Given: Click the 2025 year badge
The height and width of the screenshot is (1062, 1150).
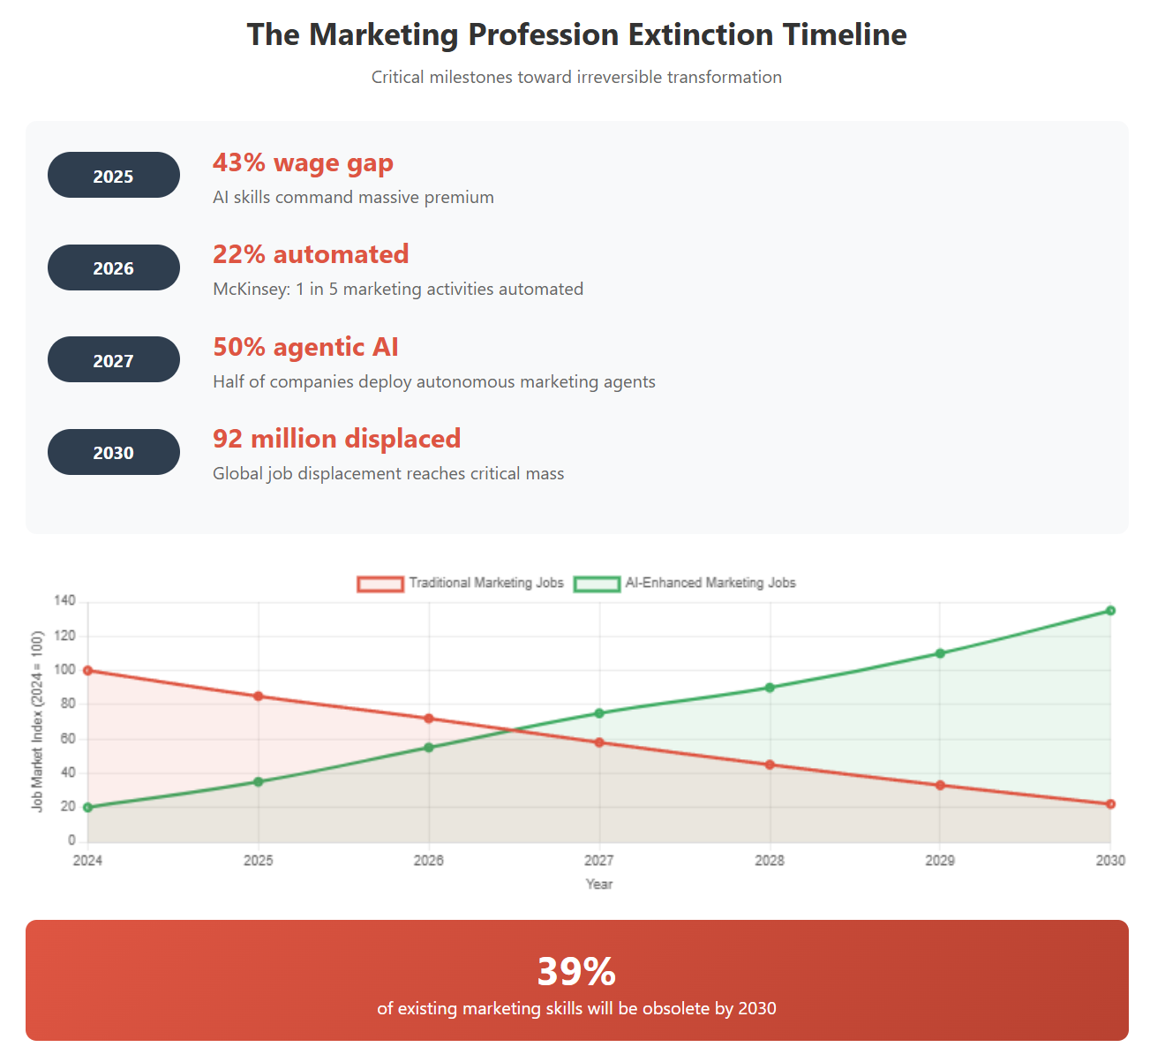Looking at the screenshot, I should [x=113, y=176].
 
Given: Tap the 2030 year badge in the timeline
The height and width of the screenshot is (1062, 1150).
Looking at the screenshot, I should [x=113, y=452].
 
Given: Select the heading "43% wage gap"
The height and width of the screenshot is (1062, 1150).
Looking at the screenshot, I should [x=303, y=163].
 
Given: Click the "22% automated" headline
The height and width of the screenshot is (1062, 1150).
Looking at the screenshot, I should [x=311, y=254].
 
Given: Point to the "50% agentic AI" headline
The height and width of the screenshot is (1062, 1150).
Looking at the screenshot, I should [x=305, y=347].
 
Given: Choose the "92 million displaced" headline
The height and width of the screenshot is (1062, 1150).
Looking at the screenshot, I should [x=336, y=439].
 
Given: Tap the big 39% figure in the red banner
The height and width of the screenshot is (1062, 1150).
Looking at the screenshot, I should [x=576, y=971].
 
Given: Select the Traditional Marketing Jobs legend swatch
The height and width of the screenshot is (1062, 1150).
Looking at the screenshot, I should [x=380, y=584].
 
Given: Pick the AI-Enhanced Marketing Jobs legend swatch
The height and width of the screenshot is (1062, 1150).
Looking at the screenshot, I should [x=597, y=584].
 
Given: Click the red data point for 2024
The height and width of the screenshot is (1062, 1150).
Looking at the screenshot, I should [x=87, y=671].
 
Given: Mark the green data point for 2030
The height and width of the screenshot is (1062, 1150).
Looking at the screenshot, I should [x=1110, y=611].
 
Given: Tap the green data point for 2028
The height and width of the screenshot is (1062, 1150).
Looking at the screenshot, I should [x=770, y=688].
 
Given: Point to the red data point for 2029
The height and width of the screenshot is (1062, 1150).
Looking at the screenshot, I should [x=940, y=786].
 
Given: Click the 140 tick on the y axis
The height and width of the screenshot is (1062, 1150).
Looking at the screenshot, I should [x=64, y=601].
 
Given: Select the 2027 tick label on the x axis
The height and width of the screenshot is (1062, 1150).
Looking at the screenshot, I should [x=598, y=860].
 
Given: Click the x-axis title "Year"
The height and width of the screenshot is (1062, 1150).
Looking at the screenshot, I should [x=598, y=884].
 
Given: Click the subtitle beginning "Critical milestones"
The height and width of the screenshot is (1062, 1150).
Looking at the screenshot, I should [x=576, y=78].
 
